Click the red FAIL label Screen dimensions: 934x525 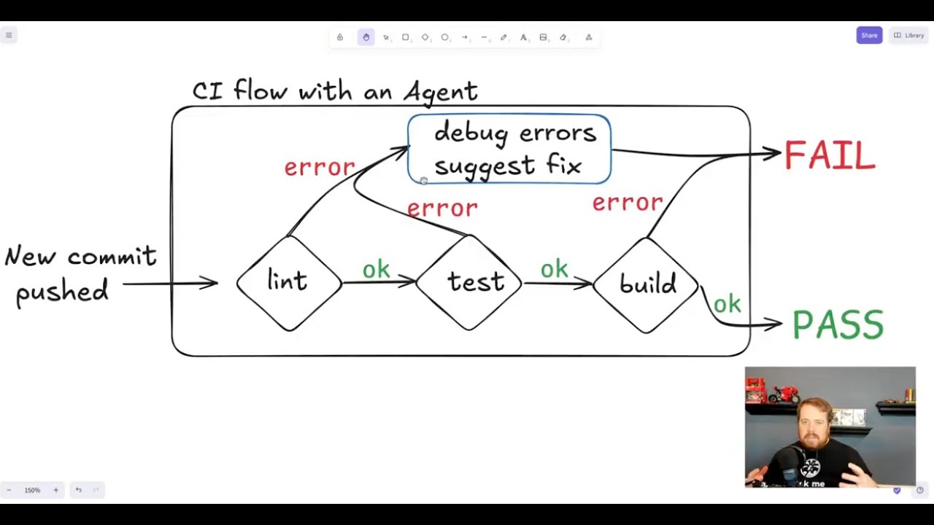[830, 155]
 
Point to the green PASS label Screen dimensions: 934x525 [838, 324]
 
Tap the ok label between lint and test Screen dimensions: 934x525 [376, 270]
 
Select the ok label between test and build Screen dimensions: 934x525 [554, 268]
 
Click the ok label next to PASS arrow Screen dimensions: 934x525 [727, 304]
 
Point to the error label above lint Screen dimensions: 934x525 [320, 168]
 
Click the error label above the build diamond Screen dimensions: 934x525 [628, 203]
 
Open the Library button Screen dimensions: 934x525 [909, 36]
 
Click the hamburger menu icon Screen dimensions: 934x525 [9, 36]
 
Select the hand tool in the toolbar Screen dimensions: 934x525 [366, 37]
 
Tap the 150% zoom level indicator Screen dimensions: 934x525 [32, 491]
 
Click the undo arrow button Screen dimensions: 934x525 [79, 490]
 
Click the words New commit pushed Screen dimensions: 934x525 [80, 275]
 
